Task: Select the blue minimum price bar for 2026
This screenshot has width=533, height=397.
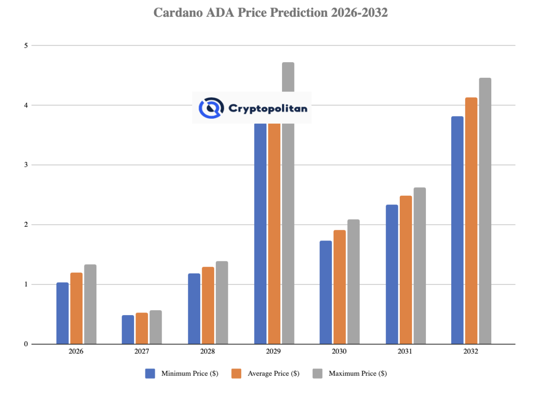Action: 63,313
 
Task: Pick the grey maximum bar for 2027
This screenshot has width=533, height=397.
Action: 155,327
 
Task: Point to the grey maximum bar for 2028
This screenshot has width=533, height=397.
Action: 222,302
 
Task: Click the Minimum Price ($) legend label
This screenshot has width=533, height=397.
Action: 190,373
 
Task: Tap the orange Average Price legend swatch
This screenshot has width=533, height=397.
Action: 236,373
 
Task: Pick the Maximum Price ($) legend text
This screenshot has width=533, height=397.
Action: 358,373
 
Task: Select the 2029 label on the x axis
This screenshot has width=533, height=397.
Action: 274,351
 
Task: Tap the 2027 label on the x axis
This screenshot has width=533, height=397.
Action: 142,351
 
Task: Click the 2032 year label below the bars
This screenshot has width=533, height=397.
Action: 471,351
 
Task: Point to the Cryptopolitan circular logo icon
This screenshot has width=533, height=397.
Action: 209,108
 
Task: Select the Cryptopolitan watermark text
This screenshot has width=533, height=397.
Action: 267,108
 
